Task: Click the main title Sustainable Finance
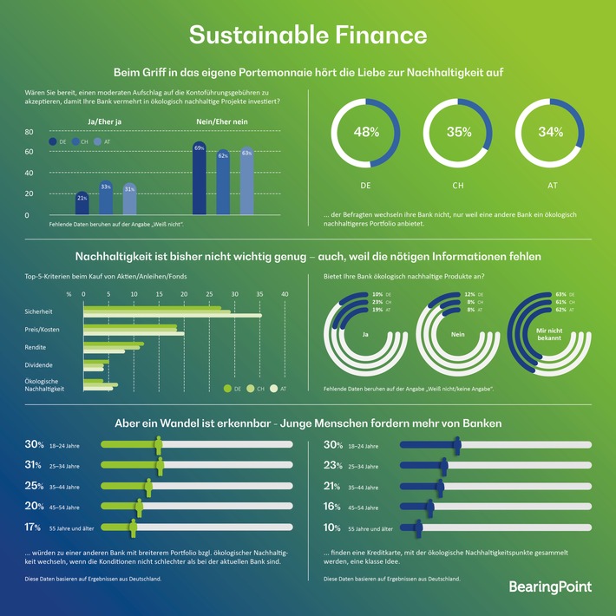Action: click(x=308, y=35)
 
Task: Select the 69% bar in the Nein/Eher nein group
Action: click(x=200, y=178)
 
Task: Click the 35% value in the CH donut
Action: click(x=459, y=133)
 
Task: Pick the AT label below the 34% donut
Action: click(x=551, y=186)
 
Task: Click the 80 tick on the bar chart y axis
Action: click(x=28, y=132)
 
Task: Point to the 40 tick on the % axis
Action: click(x=285, y=294)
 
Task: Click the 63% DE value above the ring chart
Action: click(x=560, y=295)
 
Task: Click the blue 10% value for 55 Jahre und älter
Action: click(x=331, y=526)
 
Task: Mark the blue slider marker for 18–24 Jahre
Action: click(x=456, y=445)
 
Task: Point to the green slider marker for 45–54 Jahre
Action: click(x=138, y=507)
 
